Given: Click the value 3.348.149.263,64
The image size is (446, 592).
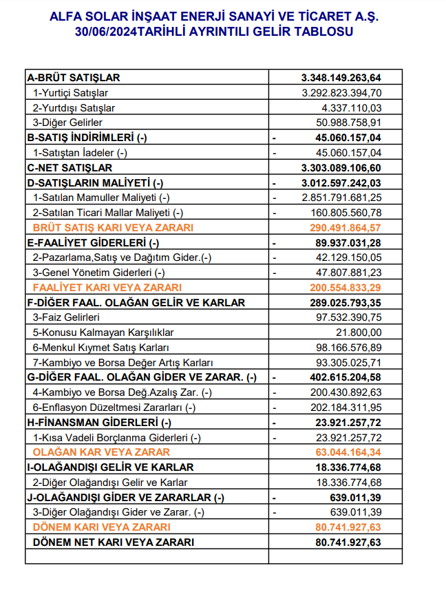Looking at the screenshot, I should click(341, 77).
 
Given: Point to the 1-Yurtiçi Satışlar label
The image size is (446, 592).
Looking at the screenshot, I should click(71, 92).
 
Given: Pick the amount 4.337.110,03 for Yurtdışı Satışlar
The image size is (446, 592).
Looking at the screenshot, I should click(352, 107).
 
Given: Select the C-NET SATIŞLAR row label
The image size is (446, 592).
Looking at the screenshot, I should click(69, 167).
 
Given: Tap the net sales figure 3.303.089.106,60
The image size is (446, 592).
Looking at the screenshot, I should click(341, 167).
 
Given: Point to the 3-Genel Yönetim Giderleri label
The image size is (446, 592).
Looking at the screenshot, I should click(96, 272).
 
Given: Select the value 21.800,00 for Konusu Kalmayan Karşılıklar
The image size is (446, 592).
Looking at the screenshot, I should click(361, 332).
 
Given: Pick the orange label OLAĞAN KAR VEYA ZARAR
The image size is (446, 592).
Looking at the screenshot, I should click(101, 452).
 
